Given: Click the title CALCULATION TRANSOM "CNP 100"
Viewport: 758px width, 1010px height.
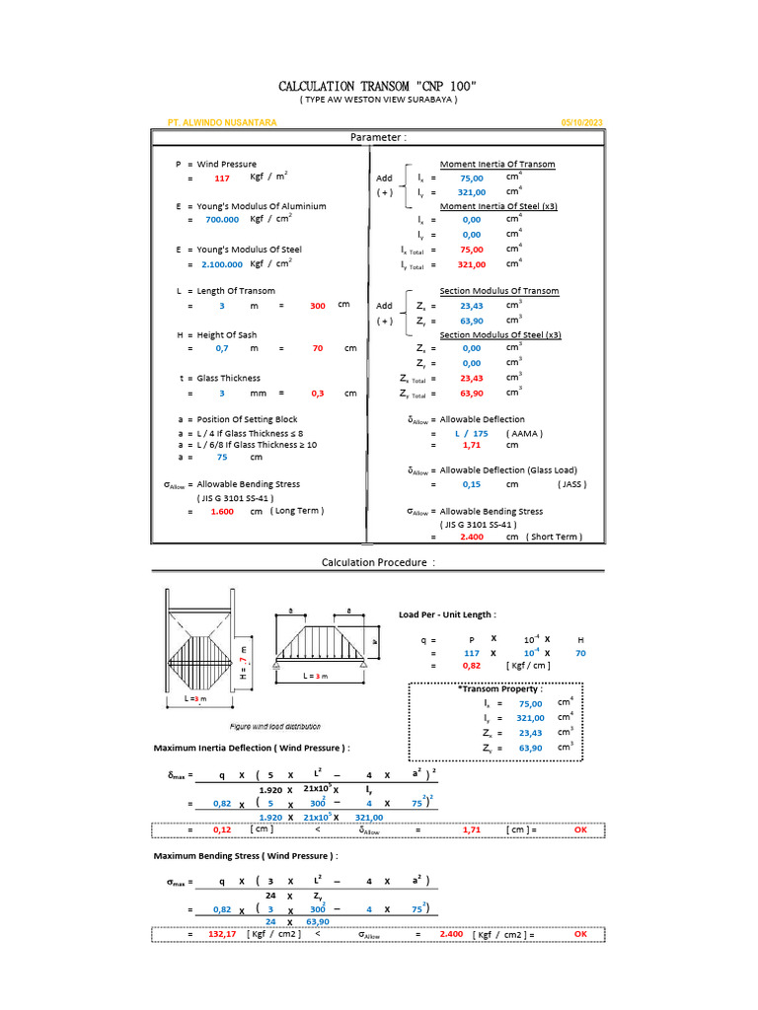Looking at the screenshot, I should click(x=379, y=87).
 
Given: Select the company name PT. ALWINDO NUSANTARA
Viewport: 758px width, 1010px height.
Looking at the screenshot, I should click(x=222, y=122).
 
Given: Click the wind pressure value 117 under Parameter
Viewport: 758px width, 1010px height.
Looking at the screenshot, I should click(x=222, y=179).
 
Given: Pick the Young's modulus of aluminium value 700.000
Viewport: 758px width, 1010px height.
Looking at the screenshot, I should click(x=222, y=221).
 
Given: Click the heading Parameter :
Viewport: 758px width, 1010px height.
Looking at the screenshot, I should click(x=378, y=137).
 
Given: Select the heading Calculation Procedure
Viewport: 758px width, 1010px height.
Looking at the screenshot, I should click(x=378, y=562).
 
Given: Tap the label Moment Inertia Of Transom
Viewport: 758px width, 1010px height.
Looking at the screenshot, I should click(x=497, y=164).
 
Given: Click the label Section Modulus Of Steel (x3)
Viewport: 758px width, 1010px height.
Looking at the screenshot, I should click(x=500, y=335).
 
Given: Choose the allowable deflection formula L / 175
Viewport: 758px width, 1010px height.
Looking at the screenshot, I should click(x=471, y=433).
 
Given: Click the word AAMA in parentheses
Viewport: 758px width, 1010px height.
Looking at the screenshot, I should click(x=524, y=433).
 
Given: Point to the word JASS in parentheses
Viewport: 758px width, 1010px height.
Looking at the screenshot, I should click(x=572, y=484).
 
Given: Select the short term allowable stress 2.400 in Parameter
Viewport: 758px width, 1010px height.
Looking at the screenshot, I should click(x=463, y=537).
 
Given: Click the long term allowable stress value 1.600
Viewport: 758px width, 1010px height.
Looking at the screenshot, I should click(x=222, y=512).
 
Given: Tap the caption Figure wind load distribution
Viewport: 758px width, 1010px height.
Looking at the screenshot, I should click(x=274, y=726).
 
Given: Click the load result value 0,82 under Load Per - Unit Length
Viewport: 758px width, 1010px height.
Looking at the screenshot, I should click(x=472, y=666).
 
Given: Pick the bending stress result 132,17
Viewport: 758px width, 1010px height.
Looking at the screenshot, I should click(x=222, y=933).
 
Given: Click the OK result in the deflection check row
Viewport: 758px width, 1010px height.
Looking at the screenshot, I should click(x=580, y=830).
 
